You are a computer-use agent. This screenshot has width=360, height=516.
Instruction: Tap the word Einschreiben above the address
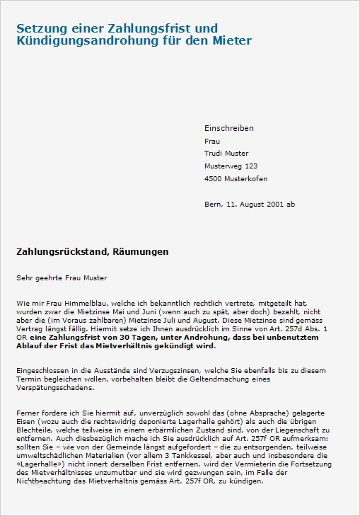[228, 128]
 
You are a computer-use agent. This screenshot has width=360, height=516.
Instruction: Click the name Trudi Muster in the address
[226, 154]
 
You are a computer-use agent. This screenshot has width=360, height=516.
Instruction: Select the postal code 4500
[214, 179]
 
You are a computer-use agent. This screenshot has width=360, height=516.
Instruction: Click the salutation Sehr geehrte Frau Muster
[62, 277]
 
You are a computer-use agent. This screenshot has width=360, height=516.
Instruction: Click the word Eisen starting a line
[26, 422]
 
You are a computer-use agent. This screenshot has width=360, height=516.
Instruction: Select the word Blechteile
[35, 430]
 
